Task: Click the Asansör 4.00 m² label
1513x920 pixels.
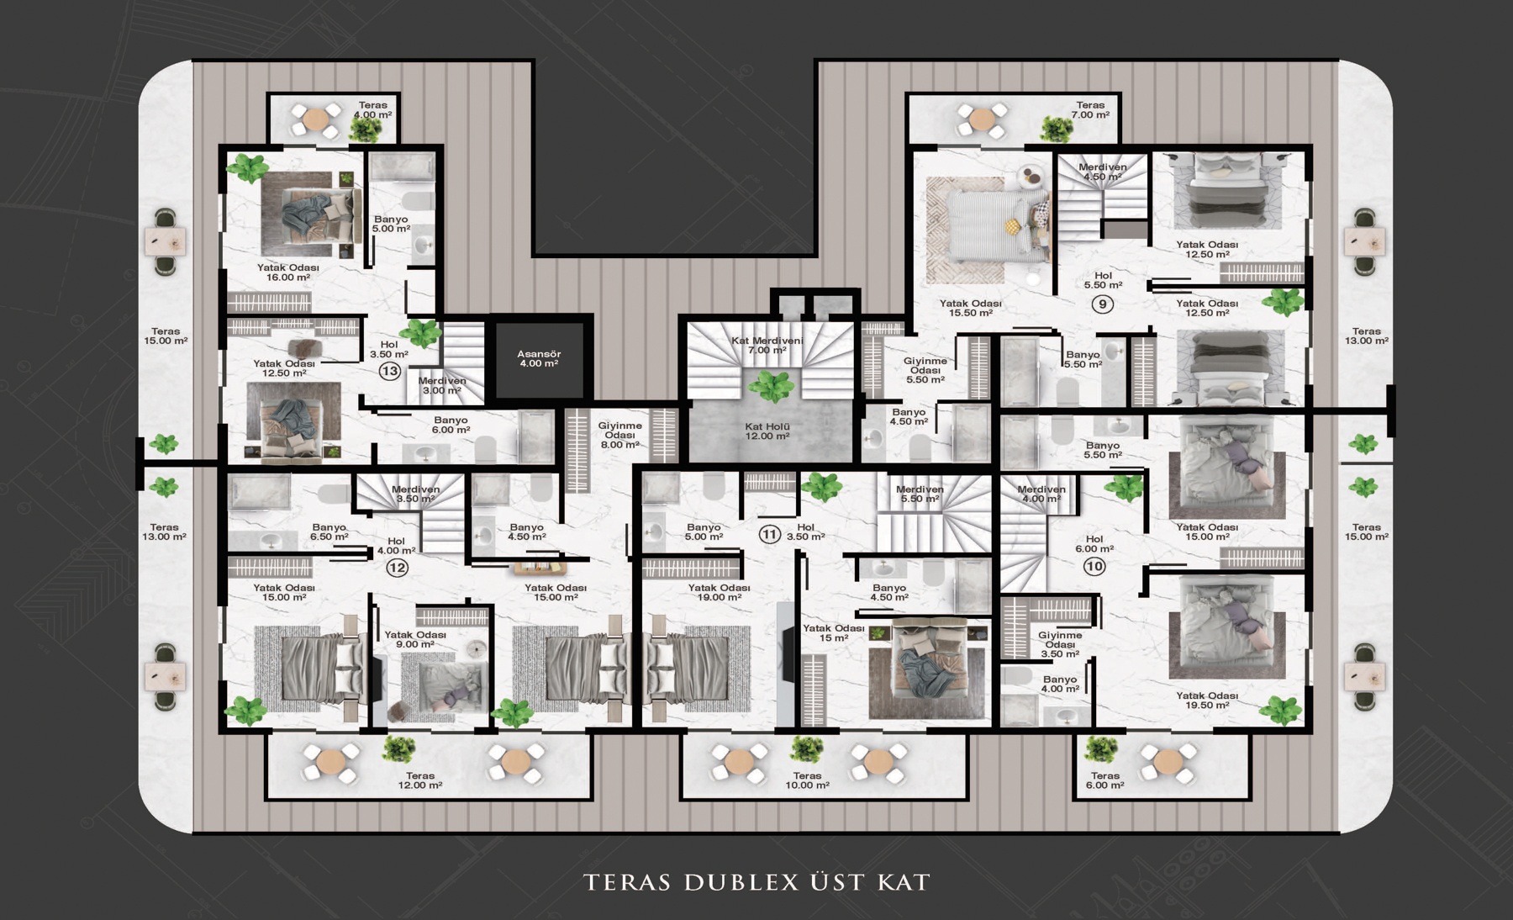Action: pyautogui.click(x=539, y=359)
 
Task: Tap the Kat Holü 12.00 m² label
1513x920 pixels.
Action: pyautogui.click(x=767, y=431)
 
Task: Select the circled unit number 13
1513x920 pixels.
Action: pyautogui.click(x=389, y=371)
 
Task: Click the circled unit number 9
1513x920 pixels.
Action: pyautogui.click(x=1102, y=304)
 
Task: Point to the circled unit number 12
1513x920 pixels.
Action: pyautogui.click(x=397, y=568)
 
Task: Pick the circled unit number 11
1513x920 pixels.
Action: pyautogui.click(x=769, y=534)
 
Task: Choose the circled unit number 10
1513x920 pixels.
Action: pyautogui.click(x=1094, y=566)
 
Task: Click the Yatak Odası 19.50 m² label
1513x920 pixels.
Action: pyautogui.click(x=1207, y=701)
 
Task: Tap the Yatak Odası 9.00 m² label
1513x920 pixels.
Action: pyautogui.click(x=415, y=639)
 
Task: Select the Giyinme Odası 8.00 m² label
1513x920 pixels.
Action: pyautogui.click(x=620, y=435)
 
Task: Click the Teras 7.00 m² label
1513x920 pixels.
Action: pyautogui.click(x=1091, y=110)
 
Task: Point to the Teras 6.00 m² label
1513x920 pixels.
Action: pyautogui.click(x=1105, y=780)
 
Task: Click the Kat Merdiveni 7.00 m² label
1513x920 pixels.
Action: pyautogui.click(x=767, y=345)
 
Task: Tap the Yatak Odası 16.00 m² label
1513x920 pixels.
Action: pyautogui.click(x=288, y=272)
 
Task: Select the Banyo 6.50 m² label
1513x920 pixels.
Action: pyautogui.click(x=329, y=532)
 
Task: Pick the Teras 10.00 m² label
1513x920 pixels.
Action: pyautogui.click(x=807, y=780)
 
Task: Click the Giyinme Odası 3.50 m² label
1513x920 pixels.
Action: pyautogui.click(x=1060, y=644)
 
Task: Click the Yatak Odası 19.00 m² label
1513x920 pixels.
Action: pyautogui.click(x=720, y=593)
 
